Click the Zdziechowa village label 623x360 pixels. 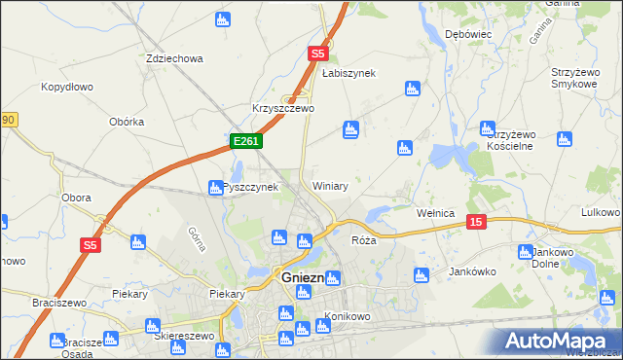point(174,58)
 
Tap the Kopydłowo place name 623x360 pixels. point(67,87)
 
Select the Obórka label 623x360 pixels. point(128,122)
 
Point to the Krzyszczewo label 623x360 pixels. point(282,108)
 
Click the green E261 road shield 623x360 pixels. point(245,142)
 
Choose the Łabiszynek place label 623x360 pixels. point(348,73)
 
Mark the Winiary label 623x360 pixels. point(330,185)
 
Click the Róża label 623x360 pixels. point(363,239)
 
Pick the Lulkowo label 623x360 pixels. point(600,212)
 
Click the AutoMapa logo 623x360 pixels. point(558,341)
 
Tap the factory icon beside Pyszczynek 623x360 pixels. point(216,187)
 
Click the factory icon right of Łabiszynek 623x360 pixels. point(412,90)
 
